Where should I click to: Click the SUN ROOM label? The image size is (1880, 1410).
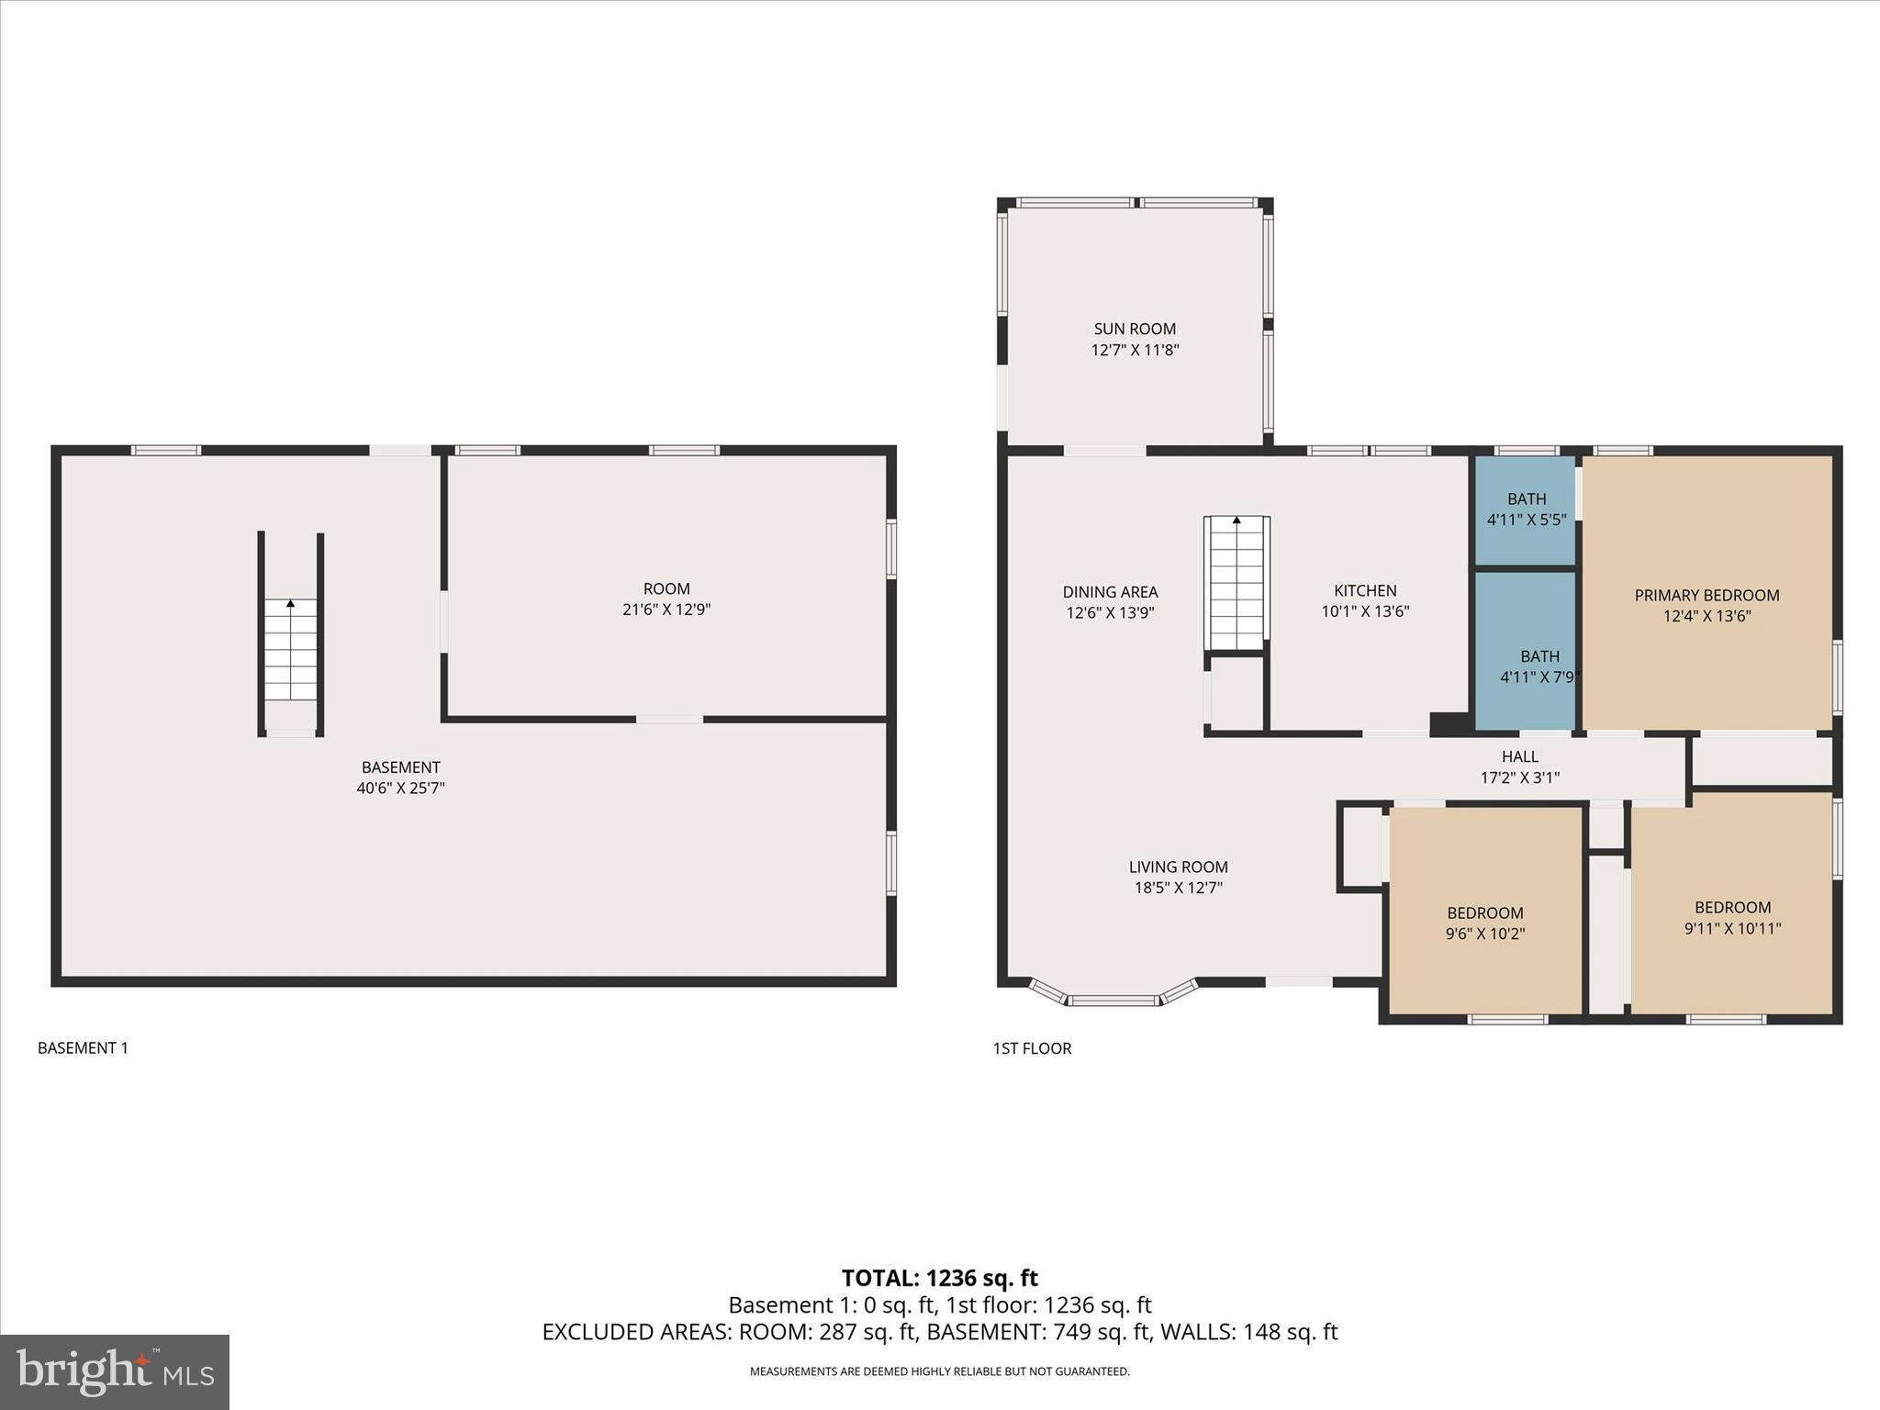pyautogui.click(x=1135, y=329)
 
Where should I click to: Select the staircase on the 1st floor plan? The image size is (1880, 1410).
pyautogui.click(x=1237, y=584)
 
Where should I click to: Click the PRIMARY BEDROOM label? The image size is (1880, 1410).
pyautogui.click(x=1707, y=595)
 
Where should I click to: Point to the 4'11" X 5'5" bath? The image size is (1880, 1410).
pyautogui.click(x=1526, y=509)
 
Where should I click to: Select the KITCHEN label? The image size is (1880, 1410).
pyautogui.click(x=1365, y=590)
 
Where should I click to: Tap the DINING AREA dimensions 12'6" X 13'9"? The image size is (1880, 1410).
pyautogui.click(x=1110, y=612)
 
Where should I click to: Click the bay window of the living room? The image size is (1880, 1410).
pyautogui.click(x=1113, y=997)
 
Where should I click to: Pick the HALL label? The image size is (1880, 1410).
pyautogui.click(x=1519, y=756)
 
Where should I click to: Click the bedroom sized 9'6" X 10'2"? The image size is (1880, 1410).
pyautogui.click(x=1484, y=923)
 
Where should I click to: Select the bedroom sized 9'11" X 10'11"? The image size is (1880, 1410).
pyautogui.click(x=1732, y=918)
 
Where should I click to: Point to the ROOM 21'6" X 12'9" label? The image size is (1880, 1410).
pyautogui.click(x=666, y=599)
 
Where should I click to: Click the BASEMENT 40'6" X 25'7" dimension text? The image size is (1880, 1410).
pyautogui.click(x=400, y=788)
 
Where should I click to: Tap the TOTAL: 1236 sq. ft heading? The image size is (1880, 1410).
pyautogui.click(x=939, y=1278)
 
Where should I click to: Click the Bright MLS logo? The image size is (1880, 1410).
pyautogui.click(x=115, y=1371)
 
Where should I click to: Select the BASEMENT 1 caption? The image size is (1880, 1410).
pyautogui.click(x=83, y=1047)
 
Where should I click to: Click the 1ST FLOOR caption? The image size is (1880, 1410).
pyautogui.click(x=1032, y=1047)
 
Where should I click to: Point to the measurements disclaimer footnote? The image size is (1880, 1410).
pyautogui.click(x=939, y=1371)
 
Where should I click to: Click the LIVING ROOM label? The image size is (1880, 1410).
pyautogui.click(x=1178, y=867)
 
